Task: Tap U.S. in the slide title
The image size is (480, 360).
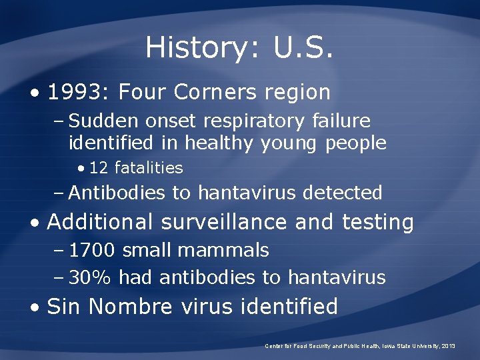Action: click(x=303, y=47)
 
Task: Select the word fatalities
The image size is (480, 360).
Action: click(x=148, y=168)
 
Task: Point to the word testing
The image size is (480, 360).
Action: click(x=378, y=221)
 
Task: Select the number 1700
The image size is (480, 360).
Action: click(x=92, y=250)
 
